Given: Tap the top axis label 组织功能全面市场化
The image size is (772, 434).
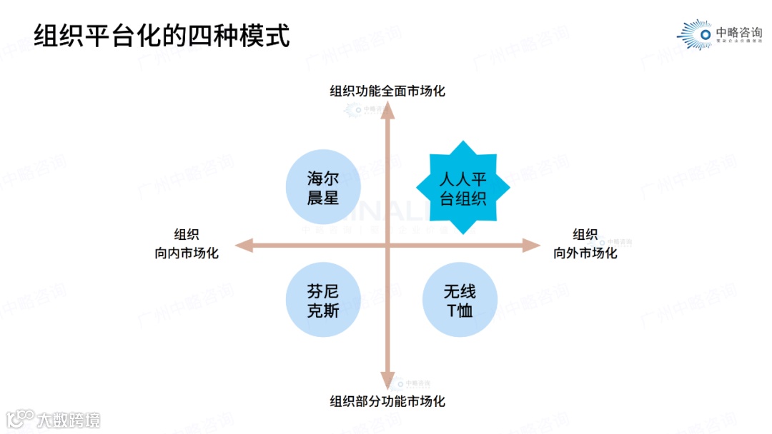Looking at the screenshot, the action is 387,91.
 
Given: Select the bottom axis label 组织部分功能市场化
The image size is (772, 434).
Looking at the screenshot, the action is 387,401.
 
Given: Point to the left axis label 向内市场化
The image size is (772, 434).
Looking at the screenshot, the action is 186,253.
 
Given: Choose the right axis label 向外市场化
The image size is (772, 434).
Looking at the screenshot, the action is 585,253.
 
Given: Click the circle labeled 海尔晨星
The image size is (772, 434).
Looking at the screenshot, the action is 322,188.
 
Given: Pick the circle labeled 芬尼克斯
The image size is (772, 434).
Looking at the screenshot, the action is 322,301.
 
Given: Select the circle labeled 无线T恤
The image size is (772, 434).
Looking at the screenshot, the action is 459,301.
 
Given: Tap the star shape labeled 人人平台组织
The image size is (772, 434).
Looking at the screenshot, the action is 462,188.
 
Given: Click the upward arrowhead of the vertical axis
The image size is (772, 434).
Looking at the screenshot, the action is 387,108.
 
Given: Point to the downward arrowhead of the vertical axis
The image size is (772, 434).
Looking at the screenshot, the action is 387,382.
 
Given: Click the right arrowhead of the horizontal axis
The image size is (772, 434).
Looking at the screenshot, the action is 532,246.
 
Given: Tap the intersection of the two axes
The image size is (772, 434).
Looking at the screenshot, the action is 387,246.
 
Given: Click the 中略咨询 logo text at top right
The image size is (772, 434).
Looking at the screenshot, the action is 738,33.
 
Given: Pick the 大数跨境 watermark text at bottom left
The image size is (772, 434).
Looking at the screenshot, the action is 69,419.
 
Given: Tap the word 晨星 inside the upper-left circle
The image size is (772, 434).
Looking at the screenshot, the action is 322,198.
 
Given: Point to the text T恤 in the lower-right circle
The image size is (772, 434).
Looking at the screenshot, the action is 459,311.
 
